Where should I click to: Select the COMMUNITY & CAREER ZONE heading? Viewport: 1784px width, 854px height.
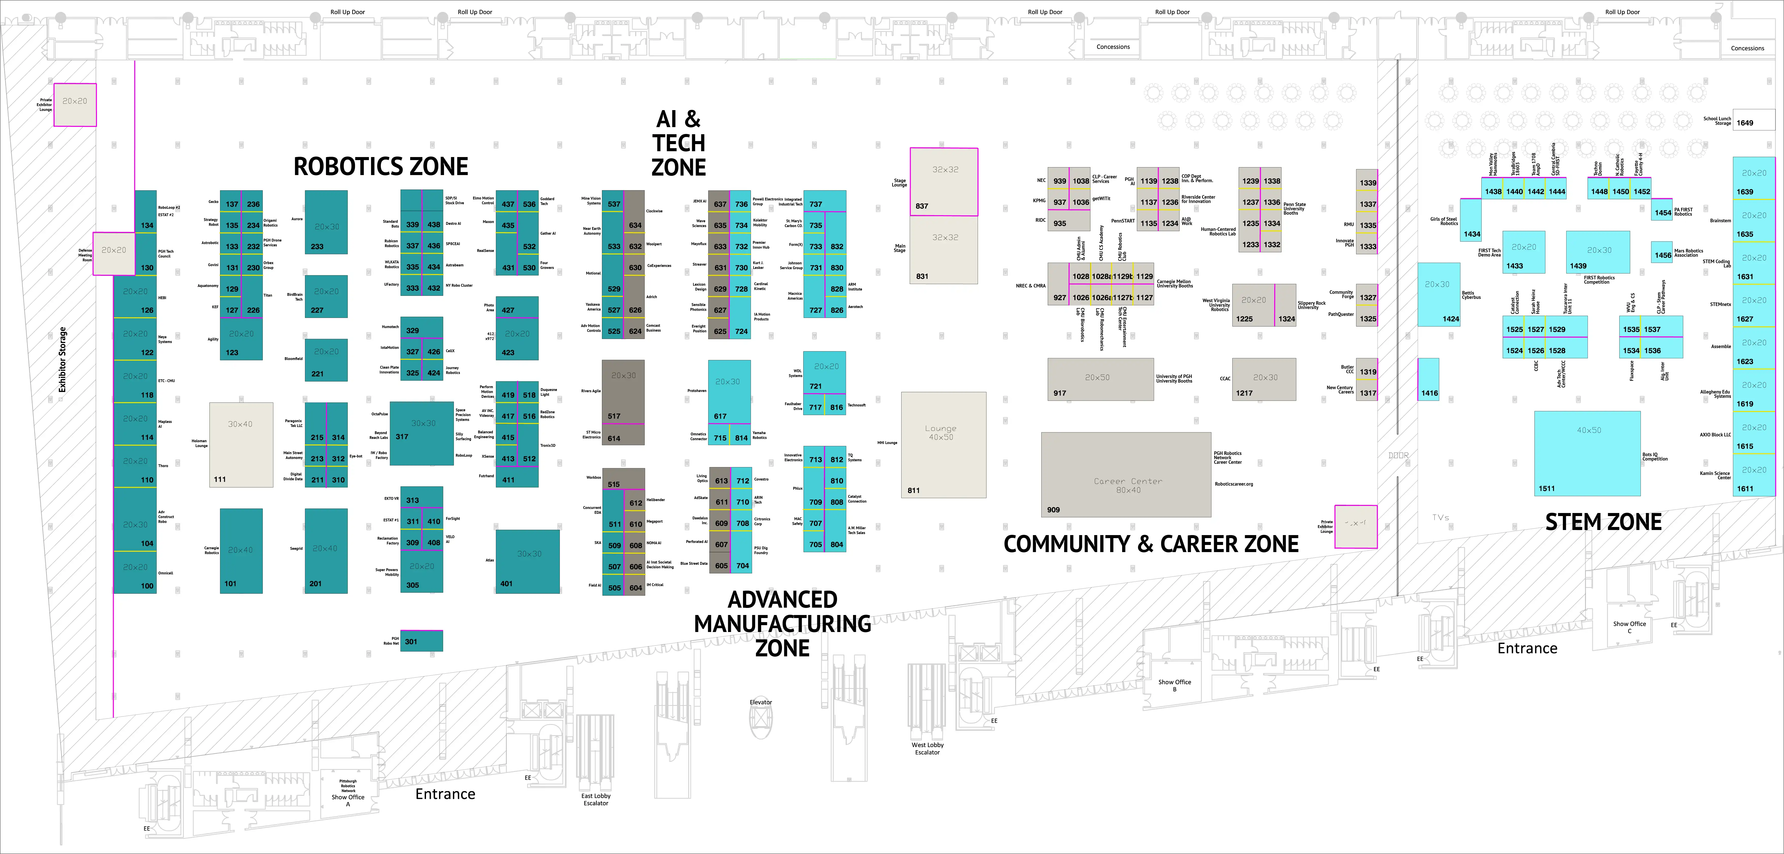click(1151, 544)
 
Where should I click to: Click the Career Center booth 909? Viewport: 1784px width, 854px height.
click(1126, 475)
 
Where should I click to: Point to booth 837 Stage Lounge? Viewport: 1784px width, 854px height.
click(943, 182)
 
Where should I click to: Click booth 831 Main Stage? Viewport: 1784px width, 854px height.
click(943, 250)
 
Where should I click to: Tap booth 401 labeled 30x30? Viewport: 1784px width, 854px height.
click(528, 561)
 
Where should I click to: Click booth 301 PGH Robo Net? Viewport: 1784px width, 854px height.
click(421, 641)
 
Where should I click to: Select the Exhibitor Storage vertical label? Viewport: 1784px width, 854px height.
click(62, 360)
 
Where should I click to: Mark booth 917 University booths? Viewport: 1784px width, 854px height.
click(1100, 379)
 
